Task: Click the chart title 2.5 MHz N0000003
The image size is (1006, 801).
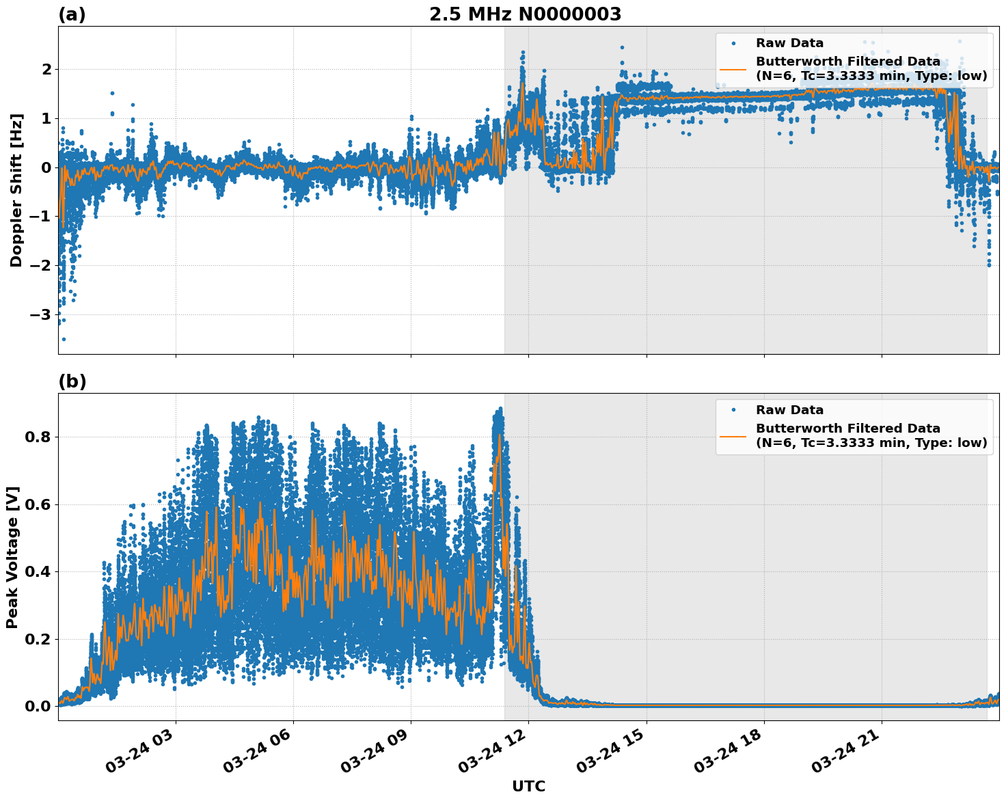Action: [525, 14]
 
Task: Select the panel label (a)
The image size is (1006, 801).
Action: [72, 14]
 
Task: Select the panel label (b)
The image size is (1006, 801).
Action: [72, 381]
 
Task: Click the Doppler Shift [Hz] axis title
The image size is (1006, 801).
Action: [16, 190]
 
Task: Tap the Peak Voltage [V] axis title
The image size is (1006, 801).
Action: [12, 557]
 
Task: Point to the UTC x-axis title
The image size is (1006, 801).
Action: [528, 786]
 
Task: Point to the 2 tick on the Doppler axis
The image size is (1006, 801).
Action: [46, 69]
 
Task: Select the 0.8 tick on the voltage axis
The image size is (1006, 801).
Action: [38, 437]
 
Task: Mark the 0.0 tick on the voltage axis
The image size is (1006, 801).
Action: [38, 706]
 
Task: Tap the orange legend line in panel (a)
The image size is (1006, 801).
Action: [733, 68]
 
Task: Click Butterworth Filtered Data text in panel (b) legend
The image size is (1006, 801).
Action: [847, 429]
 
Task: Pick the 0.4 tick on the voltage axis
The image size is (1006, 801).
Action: [38, 571]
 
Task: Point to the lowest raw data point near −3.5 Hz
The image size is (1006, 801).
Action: [64, 339]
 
